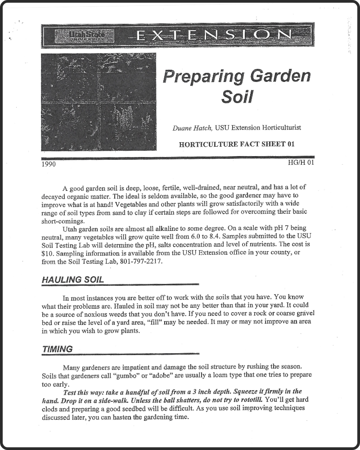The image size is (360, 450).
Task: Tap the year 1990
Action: (48, 164)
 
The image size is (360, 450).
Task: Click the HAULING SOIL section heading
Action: (72, 279)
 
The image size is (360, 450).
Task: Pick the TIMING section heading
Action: (57, 349)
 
